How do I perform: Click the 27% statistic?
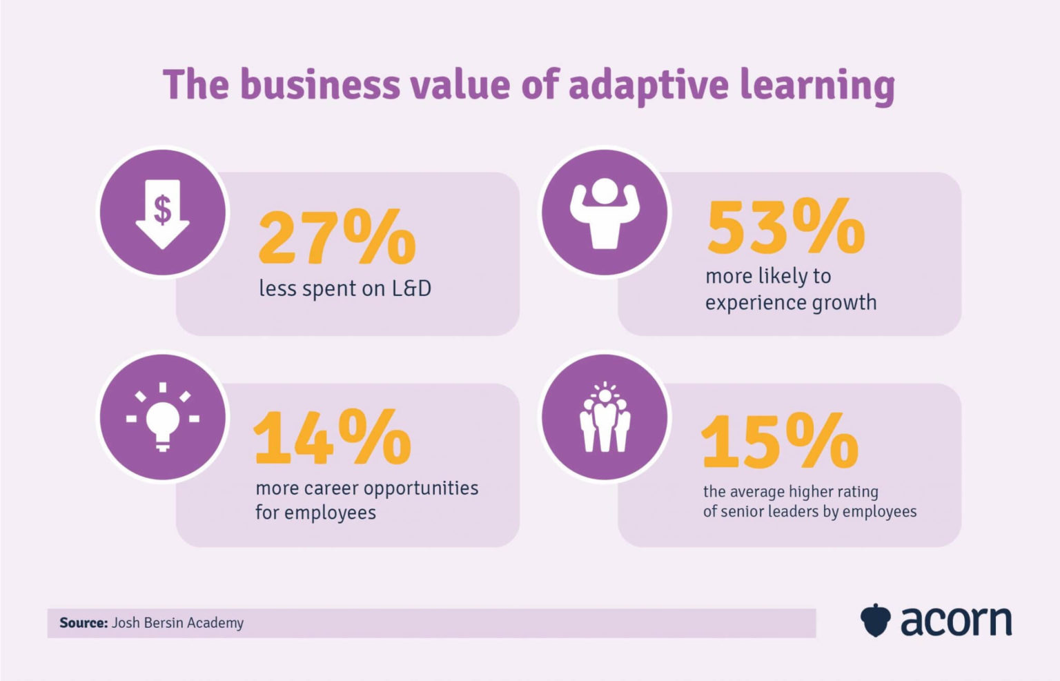click(x=337, y=238)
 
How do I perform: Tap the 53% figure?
click(x=785, y=227)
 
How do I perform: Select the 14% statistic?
click(x=332, y=437)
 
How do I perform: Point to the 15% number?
click(x=780, y=441)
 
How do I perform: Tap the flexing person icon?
click(x=605, y=213)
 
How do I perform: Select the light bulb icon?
click(x=163, y=417)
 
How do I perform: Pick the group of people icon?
click(x=605, y=417)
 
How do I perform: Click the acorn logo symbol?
click(x=875, y=620)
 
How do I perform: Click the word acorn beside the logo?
click(x=956, y=620)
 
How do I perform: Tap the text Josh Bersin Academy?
click(x=177, y=623)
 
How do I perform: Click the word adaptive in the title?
click(x=648, y=85)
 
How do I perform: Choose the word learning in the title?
click(x=817, y=86)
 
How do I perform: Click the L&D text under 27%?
click(x=411, y=288)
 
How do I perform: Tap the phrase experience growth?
click(x=790, y=303)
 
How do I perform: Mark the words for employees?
click(x=315, y=513)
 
